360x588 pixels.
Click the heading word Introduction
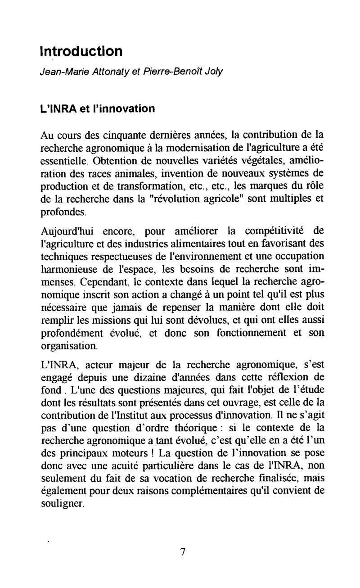click(81, 50)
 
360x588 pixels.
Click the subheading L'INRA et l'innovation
click(98, 108)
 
